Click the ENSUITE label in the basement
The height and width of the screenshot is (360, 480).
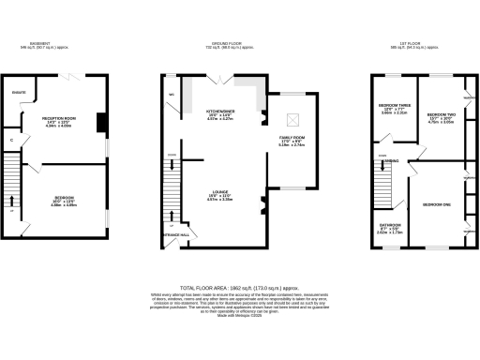click(x=17, y=92)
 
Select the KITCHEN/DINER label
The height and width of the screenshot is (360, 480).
click(x=220, y=111)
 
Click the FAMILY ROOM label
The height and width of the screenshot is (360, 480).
click(x=292, y=138)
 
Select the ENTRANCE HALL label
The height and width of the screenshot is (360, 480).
click(x=177, y=234)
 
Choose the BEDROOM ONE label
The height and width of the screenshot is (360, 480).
click(x=437, y=203)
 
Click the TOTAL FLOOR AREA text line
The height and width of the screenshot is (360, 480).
click(x=239, y=290)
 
